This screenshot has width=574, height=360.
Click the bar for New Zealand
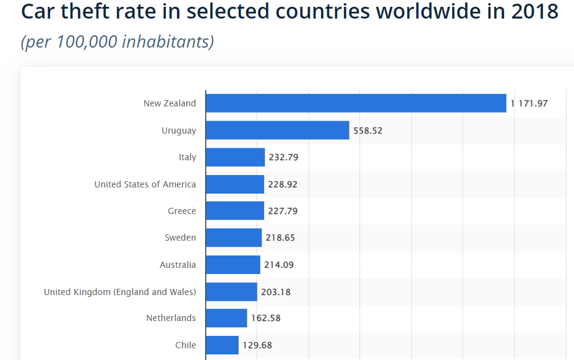tap(356, 103)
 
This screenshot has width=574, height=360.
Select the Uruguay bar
tap(277, 131)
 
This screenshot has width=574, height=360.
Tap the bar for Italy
tap(235, 157)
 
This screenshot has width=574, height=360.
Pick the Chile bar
tap(222, 345)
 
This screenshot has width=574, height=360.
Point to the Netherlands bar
tap(226, 318)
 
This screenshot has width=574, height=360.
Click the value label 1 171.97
tap(529, 103)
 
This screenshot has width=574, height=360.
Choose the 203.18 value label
tap(276, 292)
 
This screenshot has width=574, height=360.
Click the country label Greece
tap(182, 211)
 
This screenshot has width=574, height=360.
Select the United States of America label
tap(145, 184)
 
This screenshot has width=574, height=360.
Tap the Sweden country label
tap(180, 238)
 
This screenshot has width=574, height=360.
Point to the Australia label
tap(178, 265)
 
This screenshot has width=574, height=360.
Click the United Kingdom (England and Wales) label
tap(120, 292)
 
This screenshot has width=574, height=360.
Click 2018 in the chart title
tap(534, 11)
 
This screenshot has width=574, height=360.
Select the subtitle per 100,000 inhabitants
tap(118, 42)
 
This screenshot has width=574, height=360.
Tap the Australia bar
tap(233, 265)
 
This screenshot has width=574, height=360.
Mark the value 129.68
tap(257, 345)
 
